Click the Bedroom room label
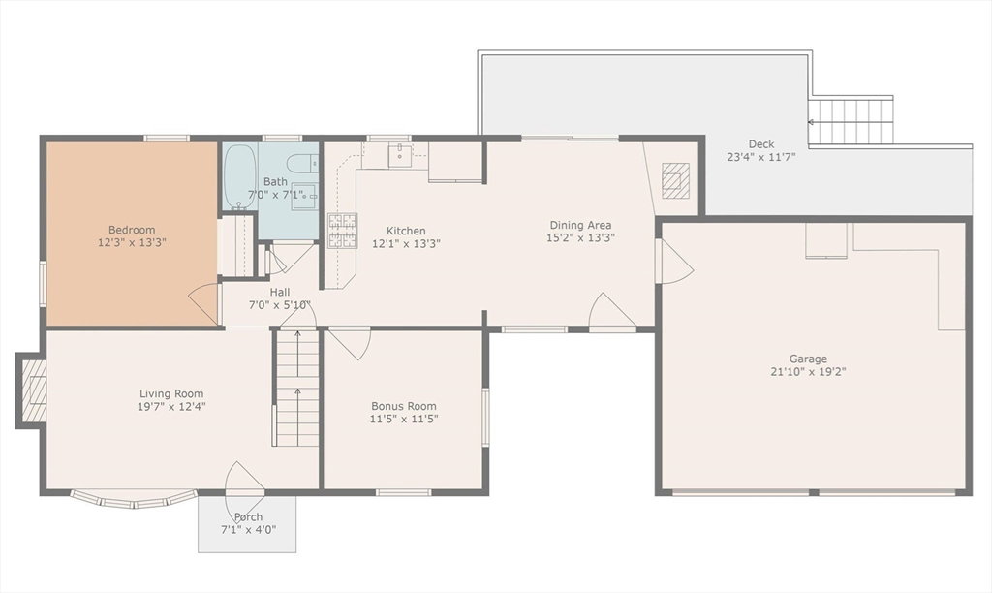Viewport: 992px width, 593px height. coord(132,230)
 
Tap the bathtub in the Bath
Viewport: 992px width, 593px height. coord(240,176)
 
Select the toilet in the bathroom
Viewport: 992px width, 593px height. coord(302,163)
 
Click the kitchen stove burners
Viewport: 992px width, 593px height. coord(342,231)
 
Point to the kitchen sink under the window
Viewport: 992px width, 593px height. coord(400,155)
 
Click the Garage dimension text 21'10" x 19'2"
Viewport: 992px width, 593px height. coord(808,371)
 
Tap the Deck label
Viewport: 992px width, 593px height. coord(761,144)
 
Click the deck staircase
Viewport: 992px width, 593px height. coord(851,121)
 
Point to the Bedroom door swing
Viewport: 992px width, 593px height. coord(205,304)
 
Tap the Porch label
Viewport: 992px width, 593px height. coord(248,516)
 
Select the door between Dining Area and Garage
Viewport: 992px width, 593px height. coord(674,261)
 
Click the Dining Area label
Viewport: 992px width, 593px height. coord(580,225)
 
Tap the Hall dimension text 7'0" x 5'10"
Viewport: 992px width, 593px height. coord(280,304)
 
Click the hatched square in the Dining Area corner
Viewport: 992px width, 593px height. coord(675,180)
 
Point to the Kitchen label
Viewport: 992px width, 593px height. coord(406,231)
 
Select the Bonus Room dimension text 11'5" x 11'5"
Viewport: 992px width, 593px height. coord(404,419)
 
